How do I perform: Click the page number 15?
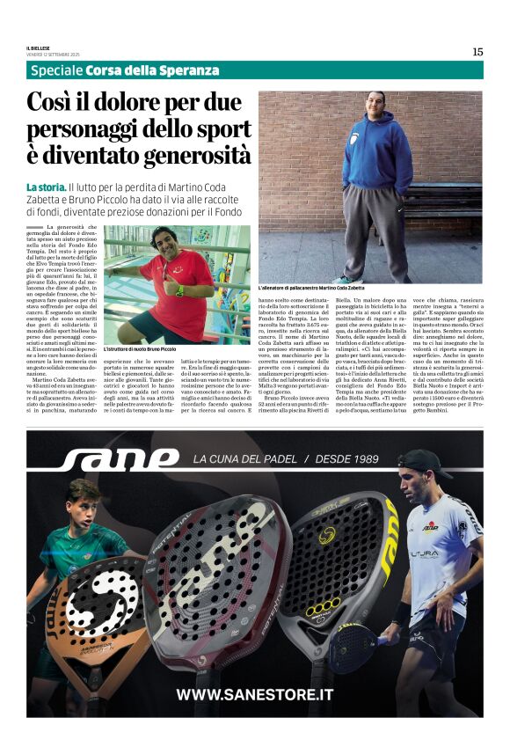pyautogui.click(x=477, y=52)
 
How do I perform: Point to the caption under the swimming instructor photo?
pyautogui.click(x=140, y=349)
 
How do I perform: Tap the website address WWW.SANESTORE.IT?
pyautogui.click(x=254, y=694)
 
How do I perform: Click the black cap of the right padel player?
pyautogui.click(x=423, y=461)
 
